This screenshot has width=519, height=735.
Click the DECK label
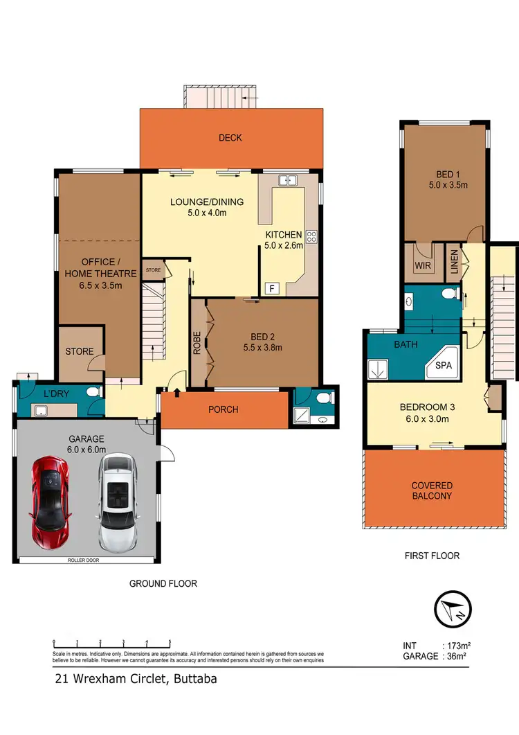point(230,138)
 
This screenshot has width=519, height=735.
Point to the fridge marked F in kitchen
point(272,287)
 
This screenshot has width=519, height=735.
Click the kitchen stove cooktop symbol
point(311,236)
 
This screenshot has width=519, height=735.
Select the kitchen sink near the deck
point(287,181)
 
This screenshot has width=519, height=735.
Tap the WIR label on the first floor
point(423,265)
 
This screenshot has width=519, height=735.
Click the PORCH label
point(223,409)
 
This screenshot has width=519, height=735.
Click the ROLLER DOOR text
point(85,559)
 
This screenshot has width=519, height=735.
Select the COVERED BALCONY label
point(432,490)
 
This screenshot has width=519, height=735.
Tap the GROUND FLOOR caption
point(163,584)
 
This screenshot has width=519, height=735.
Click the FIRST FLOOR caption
point(432,556)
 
